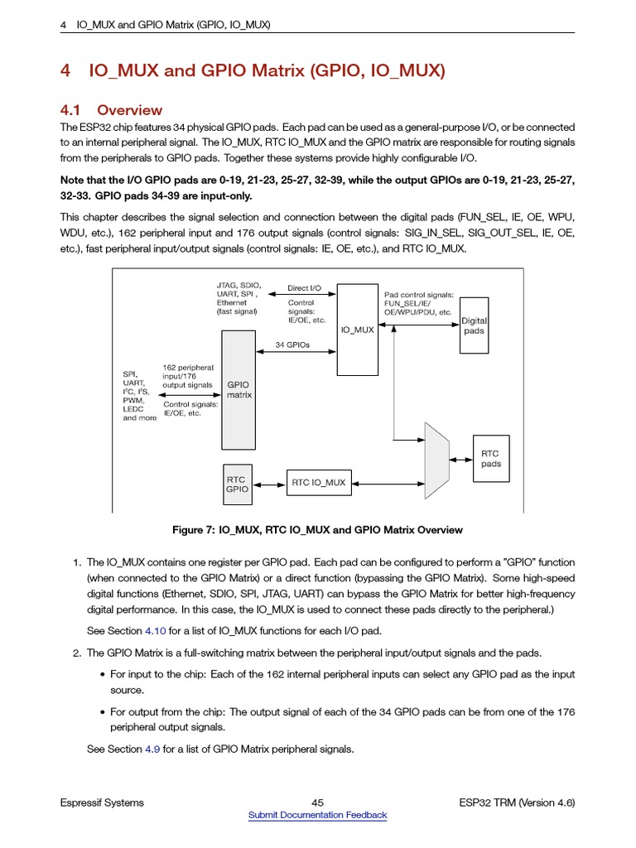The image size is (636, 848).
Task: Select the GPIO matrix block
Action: point(239,389)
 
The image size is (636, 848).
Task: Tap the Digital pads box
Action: point(474,325)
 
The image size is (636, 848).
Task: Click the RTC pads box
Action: point(490,459)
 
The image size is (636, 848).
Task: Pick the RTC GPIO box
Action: point(237,484)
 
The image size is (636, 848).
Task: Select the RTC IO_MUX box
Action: point(319,482)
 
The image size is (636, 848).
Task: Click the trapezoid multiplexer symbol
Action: point(436,460)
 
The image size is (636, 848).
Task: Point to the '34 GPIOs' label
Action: point(292,344)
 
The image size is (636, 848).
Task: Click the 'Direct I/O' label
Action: point(304,288)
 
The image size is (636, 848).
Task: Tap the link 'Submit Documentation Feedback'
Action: point(317,815)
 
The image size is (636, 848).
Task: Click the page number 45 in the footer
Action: point(317,802)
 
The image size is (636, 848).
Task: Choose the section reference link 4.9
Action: point(152,749)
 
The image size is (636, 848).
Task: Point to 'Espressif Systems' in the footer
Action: point(102,802)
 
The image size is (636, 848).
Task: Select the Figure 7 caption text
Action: point(317,530)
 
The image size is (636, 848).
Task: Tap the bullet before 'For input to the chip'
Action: point(102,675)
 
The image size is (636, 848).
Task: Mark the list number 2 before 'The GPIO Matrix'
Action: point(76,653)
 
